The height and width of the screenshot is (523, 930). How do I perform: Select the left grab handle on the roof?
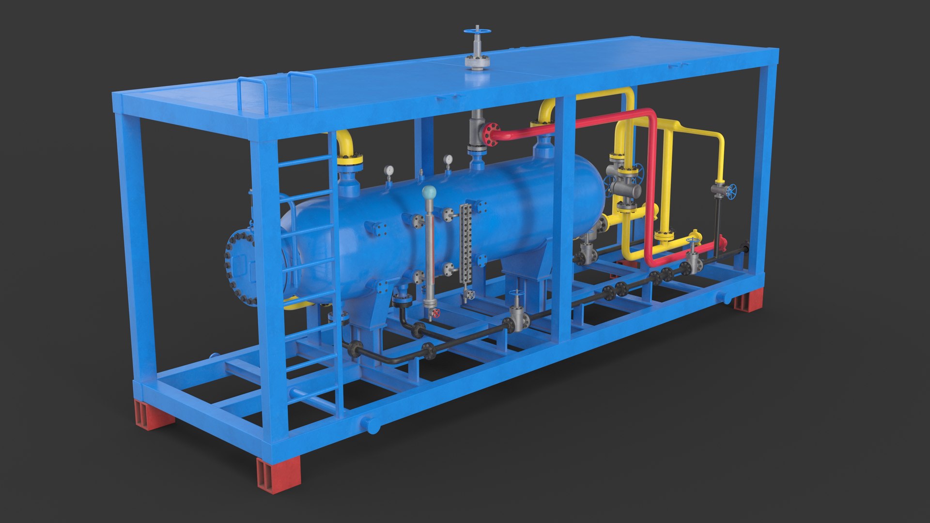pyautogui.click(x=252, y=94)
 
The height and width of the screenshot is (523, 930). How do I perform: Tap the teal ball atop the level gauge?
pyautogui.click(x=429, y=193)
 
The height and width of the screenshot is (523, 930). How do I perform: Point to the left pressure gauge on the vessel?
pyautogui.click(x=388, y=170)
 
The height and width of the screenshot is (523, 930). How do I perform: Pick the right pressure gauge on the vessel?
pyautogui.click(x=448, y=159)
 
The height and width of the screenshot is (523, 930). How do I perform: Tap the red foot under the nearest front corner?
pyautogui.click(x=278, y=475)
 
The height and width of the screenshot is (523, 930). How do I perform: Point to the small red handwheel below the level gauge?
pyautogui.click(x=435, y=313)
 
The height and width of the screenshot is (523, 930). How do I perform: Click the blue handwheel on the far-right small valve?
pyautogui.click(x=732, y=191)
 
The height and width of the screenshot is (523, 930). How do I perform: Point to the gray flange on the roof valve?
pyautogui.click(x=477, y=62)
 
